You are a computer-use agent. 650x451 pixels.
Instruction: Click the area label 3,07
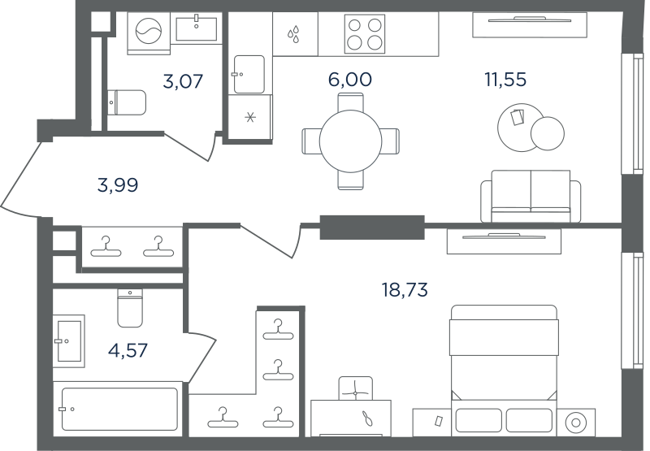click(x=183, y=81)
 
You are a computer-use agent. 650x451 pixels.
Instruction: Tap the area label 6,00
click(x=350, y=79)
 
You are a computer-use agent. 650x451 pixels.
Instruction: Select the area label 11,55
click(x=505, y=79)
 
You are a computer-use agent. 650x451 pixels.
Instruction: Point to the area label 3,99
click(x=118, y=185)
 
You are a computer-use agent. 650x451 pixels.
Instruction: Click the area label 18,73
click(x=405, y=290)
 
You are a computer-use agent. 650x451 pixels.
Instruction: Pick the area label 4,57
click(x=128, y=351)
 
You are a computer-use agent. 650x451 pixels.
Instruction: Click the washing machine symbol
click(x=149, y=33)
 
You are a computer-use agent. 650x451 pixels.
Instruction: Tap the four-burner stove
click(x=364, y=34)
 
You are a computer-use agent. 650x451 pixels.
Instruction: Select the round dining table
click(x=350, y=141)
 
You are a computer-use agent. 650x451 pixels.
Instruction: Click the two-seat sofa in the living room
click(x=531, y=196)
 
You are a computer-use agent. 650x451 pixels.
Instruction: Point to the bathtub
click(x=119, y=409)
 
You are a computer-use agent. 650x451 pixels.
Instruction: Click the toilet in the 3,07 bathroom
click(x=127, y=102)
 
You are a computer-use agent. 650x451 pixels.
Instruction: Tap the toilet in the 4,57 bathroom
click(x=130, y=308)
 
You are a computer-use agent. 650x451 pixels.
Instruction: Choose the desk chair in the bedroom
click(x=355, y=388)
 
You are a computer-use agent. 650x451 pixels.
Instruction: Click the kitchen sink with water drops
click(x=295, y=34)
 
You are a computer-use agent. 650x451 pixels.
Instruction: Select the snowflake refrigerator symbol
click(x=250, y=118)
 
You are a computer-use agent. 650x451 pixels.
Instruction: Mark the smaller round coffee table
click(x=547, y=133)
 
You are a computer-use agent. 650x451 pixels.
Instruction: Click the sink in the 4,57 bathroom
click(x=69, y=341)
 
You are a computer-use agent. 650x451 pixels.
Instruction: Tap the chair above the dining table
click(x=350, y=102)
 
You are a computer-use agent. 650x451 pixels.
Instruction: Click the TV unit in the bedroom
click(x=504, y=241)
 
